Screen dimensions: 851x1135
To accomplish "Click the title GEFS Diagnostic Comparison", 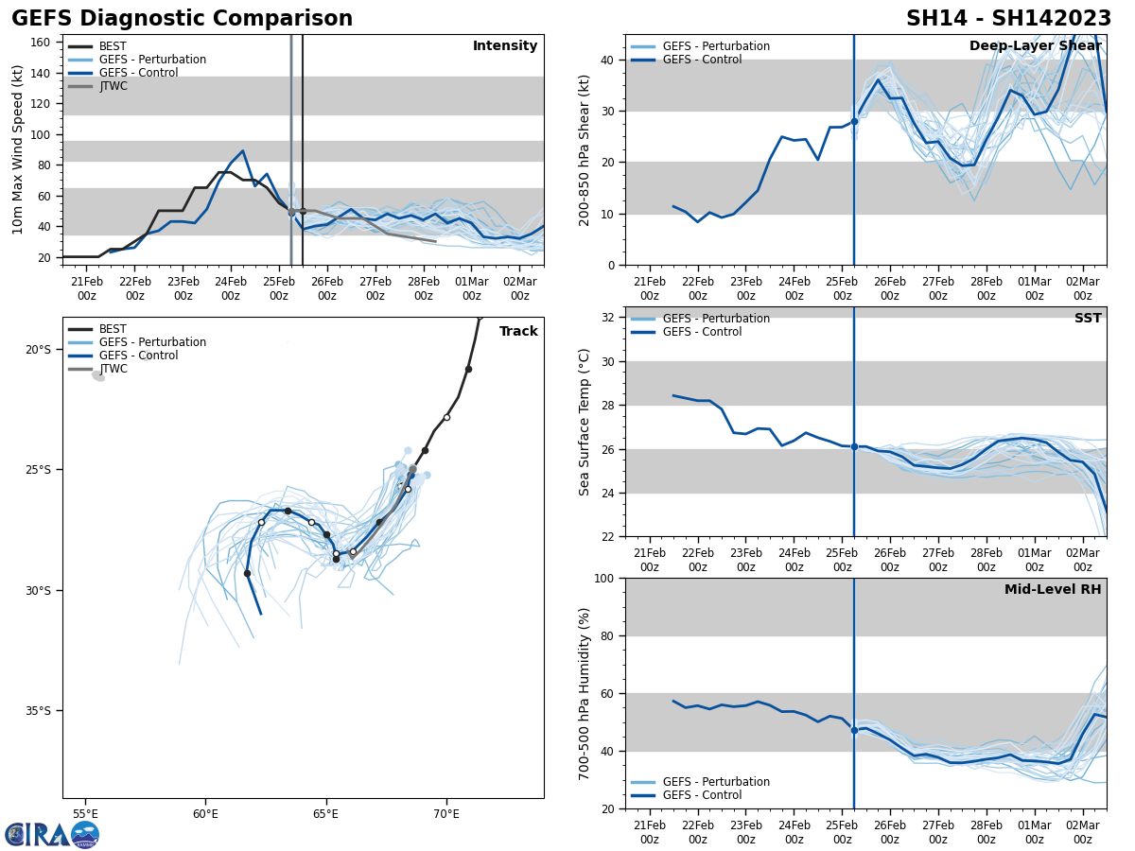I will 182,19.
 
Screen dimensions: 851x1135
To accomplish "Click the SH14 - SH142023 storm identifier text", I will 1008,19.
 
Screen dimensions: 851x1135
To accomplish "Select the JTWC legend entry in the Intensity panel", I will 113,86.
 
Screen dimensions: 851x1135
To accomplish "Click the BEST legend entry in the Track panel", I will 113,329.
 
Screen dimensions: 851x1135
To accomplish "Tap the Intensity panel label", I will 505,46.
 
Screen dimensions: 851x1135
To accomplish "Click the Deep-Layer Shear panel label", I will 1035,46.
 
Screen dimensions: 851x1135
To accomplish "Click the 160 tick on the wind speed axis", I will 41,43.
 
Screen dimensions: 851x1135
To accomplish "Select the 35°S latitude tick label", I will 39,711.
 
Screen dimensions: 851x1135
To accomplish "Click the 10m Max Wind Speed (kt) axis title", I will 18,149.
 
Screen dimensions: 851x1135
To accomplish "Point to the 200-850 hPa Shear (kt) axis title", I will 585,149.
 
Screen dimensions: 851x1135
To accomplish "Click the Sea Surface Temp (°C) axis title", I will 585,422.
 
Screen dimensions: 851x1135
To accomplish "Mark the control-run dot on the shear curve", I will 854,121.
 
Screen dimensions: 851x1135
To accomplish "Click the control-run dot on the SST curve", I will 854,446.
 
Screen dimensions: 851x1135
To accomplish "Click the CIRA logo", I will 52,835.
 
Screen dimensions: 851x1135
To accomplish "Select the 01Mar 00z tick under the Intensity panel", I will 471,288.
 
